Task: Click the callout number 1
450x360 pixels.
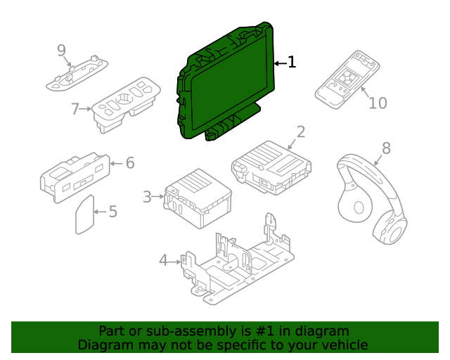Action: (292, 63)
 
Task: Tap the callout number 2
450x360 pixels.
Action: (300, 131)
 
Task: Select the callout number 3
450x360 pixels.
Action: (147, 197)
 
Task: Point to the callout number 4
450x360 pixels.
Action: (163, 261)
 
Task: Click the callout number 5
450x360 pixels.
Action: (112, 211)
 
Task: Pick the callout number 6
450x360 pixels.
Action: (129, 163)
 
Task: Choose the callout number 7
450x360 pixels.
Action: (75, 109)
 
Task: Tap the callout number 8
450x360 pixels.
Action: (385, 148)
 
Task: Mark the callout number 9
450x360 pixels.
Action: (62, 50)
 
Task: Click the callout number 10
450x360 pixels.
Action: (378, 103)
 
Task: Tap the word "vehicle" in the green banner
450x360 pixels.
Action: (343, 345)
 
